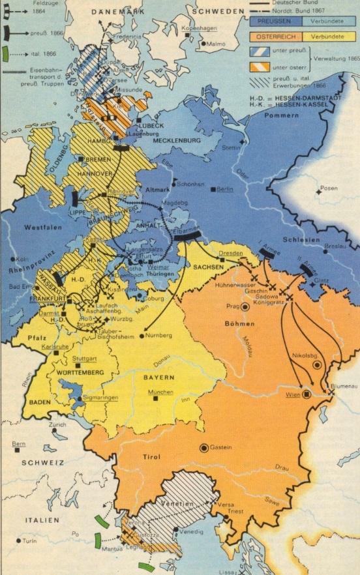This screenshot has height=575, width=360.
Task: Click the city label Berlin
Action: (225, 189)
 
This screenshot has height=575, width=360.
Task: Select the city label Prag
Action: (232, 306)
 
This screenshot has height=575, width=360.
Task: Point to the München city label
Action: (160, 392)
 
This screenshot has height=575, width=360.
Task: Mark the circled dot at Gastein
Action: (204, 447)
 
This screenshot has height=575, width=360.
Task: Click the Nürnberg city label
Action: (158, 335)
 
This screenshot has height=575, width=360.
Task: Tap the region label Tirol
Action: (151, 457)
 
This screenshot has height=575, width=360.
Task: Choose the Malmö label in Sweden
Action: (215, 44)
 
